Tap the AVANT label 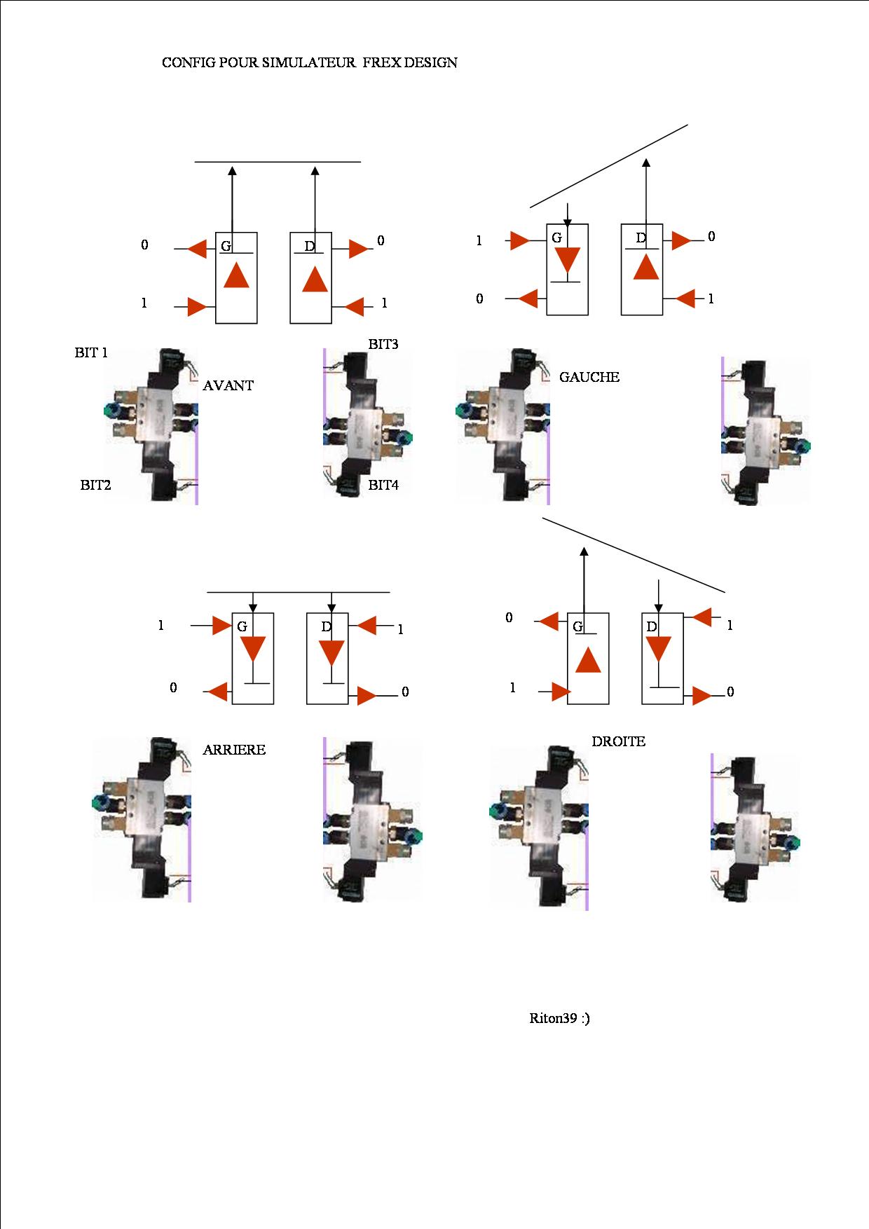[228, 385]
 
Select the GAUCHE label [589, 377]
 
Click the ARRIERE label [234, 750]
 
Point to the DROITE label [618, 741]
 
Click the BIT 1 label [91, 352]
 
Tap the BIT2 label [95, 485]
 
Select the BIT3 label [383, 344]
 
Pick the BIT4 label [383, 485]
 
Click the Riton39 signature [559, 1018]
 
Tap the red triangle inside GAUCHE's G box [567, 260]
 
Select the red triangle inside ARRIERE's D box [331, 653]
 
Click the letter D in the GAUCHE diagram [641, 238]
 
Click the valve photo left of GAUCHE [503, 425]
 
